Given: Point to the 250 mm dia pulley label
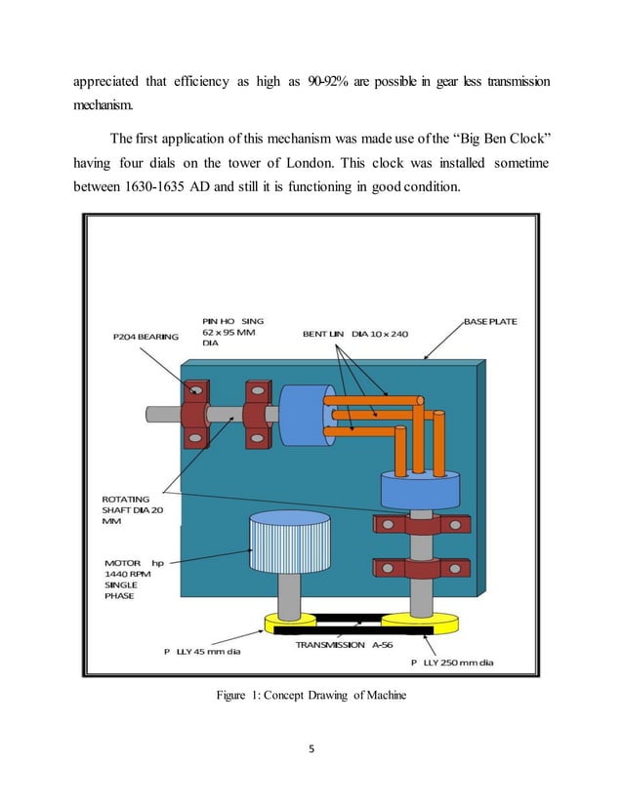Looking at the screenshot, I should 449,663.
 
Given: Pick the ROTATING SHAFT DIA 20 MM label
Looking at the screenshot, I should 126,509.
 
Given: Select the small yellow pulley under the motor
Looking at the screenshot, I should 289,622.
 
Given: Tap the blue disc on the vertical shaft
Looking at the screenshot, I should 420,488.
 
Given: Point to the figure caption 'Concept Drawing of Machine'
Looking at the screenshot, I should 310,697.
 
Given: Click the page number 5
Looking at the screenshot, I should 311,750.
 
